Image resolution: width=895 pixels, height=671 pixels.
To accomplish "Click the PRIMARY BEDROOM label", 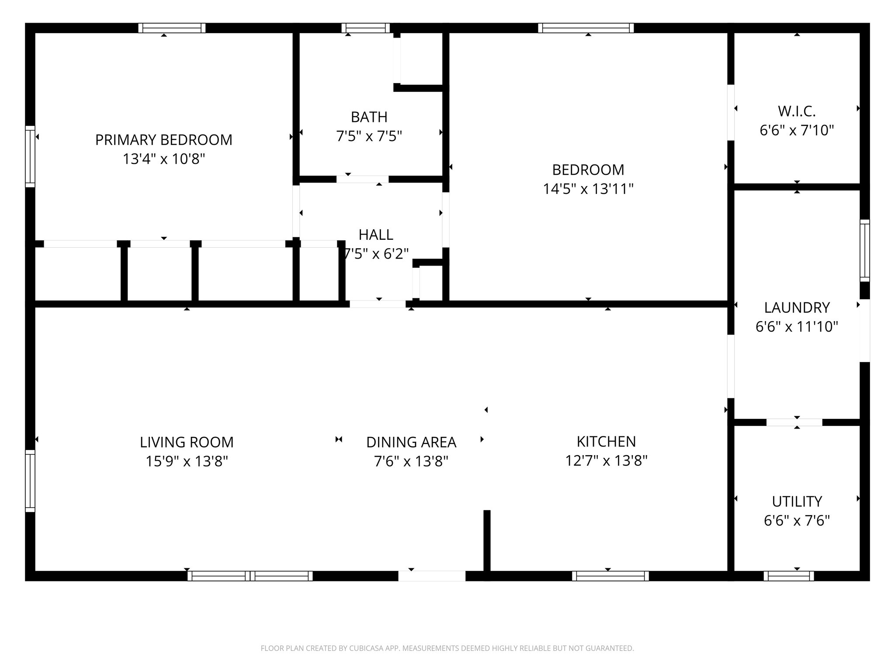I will (163, 140).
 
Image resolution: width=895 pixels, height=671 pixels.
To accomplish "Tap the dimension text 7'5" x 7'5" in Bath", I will (369, 136).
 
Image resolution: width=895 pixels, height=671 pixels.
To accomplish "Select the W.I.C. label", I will (797, 111).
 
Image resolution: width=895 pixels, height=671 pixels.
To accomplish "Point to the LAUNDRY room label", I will (797, 308).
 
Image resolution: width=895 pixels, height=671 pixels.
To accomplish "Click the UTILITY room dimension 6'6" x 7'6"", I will (797, 521).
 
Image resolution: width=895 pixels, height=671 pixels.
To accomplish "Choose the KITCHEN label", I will (606, 442).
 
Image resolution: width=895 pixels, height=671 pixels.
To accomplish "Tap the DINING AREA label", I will (411, 442).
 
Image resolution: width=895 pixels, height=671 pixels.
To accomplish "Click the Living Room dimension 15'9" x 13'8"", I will (187, 461).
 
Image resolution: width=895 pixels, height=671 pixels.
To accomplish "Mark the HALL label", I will (376, 235).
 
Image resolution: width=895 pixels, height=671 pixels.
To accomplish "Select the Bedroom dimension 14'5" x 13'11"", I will (588, 189).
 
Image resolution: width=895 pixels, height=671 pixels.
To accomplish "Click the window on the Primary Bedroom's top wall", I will (172, 28).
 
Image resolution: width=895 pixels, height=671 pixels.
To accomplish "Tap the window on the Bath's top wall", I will (365, 28).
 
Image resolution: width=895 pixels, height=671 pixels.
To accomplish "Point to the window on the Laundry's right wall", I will (864, 250).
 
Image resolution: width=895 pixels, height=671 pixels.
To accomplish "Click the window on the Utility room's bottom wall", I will (788, 576).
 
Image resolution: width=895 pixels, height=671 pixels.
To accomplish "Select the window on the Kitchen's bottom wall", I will (610, 576).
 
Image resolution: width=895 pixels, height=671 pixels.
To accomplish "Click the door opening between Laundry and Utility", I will (794, 422).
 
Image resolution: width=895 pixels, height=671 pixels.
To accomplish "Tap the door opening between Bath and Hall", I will (362, 179).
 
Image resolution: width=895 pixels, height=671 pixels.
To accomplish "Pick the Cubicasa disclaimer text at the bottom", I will (447, 648).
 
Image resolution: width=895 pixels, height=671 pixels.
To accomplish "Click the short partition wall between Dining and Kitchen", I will (487, 541).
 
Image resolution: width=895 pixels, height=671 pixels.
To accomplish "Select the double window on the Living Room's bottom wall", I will (250, 576).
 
